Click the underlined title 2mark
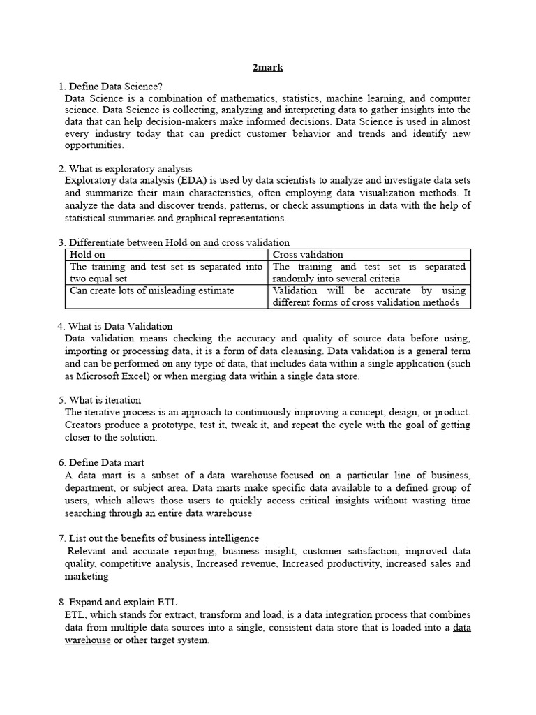pyautogui.click(x=267, y=68)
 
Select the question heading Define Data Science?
pyautogui.click(x=115, y=87)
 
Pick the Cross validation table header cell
pyautogui.click(x=308, y=255)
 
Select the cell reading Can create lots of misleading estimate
pyautogui.click(x=152, y=290)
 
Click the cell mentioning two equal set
pyautogui.click(x=166, y=272)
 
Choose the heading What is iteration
pyautogui.click(x=105, y=400)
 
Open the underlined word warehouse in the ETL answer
pyautogui.click(x=87, y=640)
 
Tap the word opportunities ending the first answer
pyautogui.click(x=94, y=145)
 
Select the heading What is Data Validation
pyautogui.click(x=120, y=326)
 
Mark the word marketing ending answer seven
pyautogui.click(x=87, y=576)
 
